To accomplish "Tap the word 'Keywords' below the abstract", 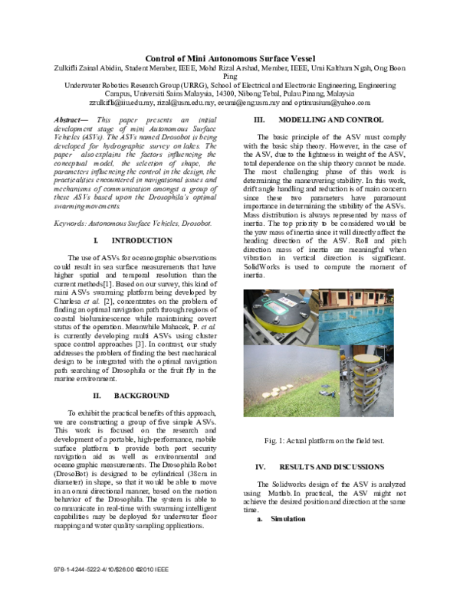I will point(71,222).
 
